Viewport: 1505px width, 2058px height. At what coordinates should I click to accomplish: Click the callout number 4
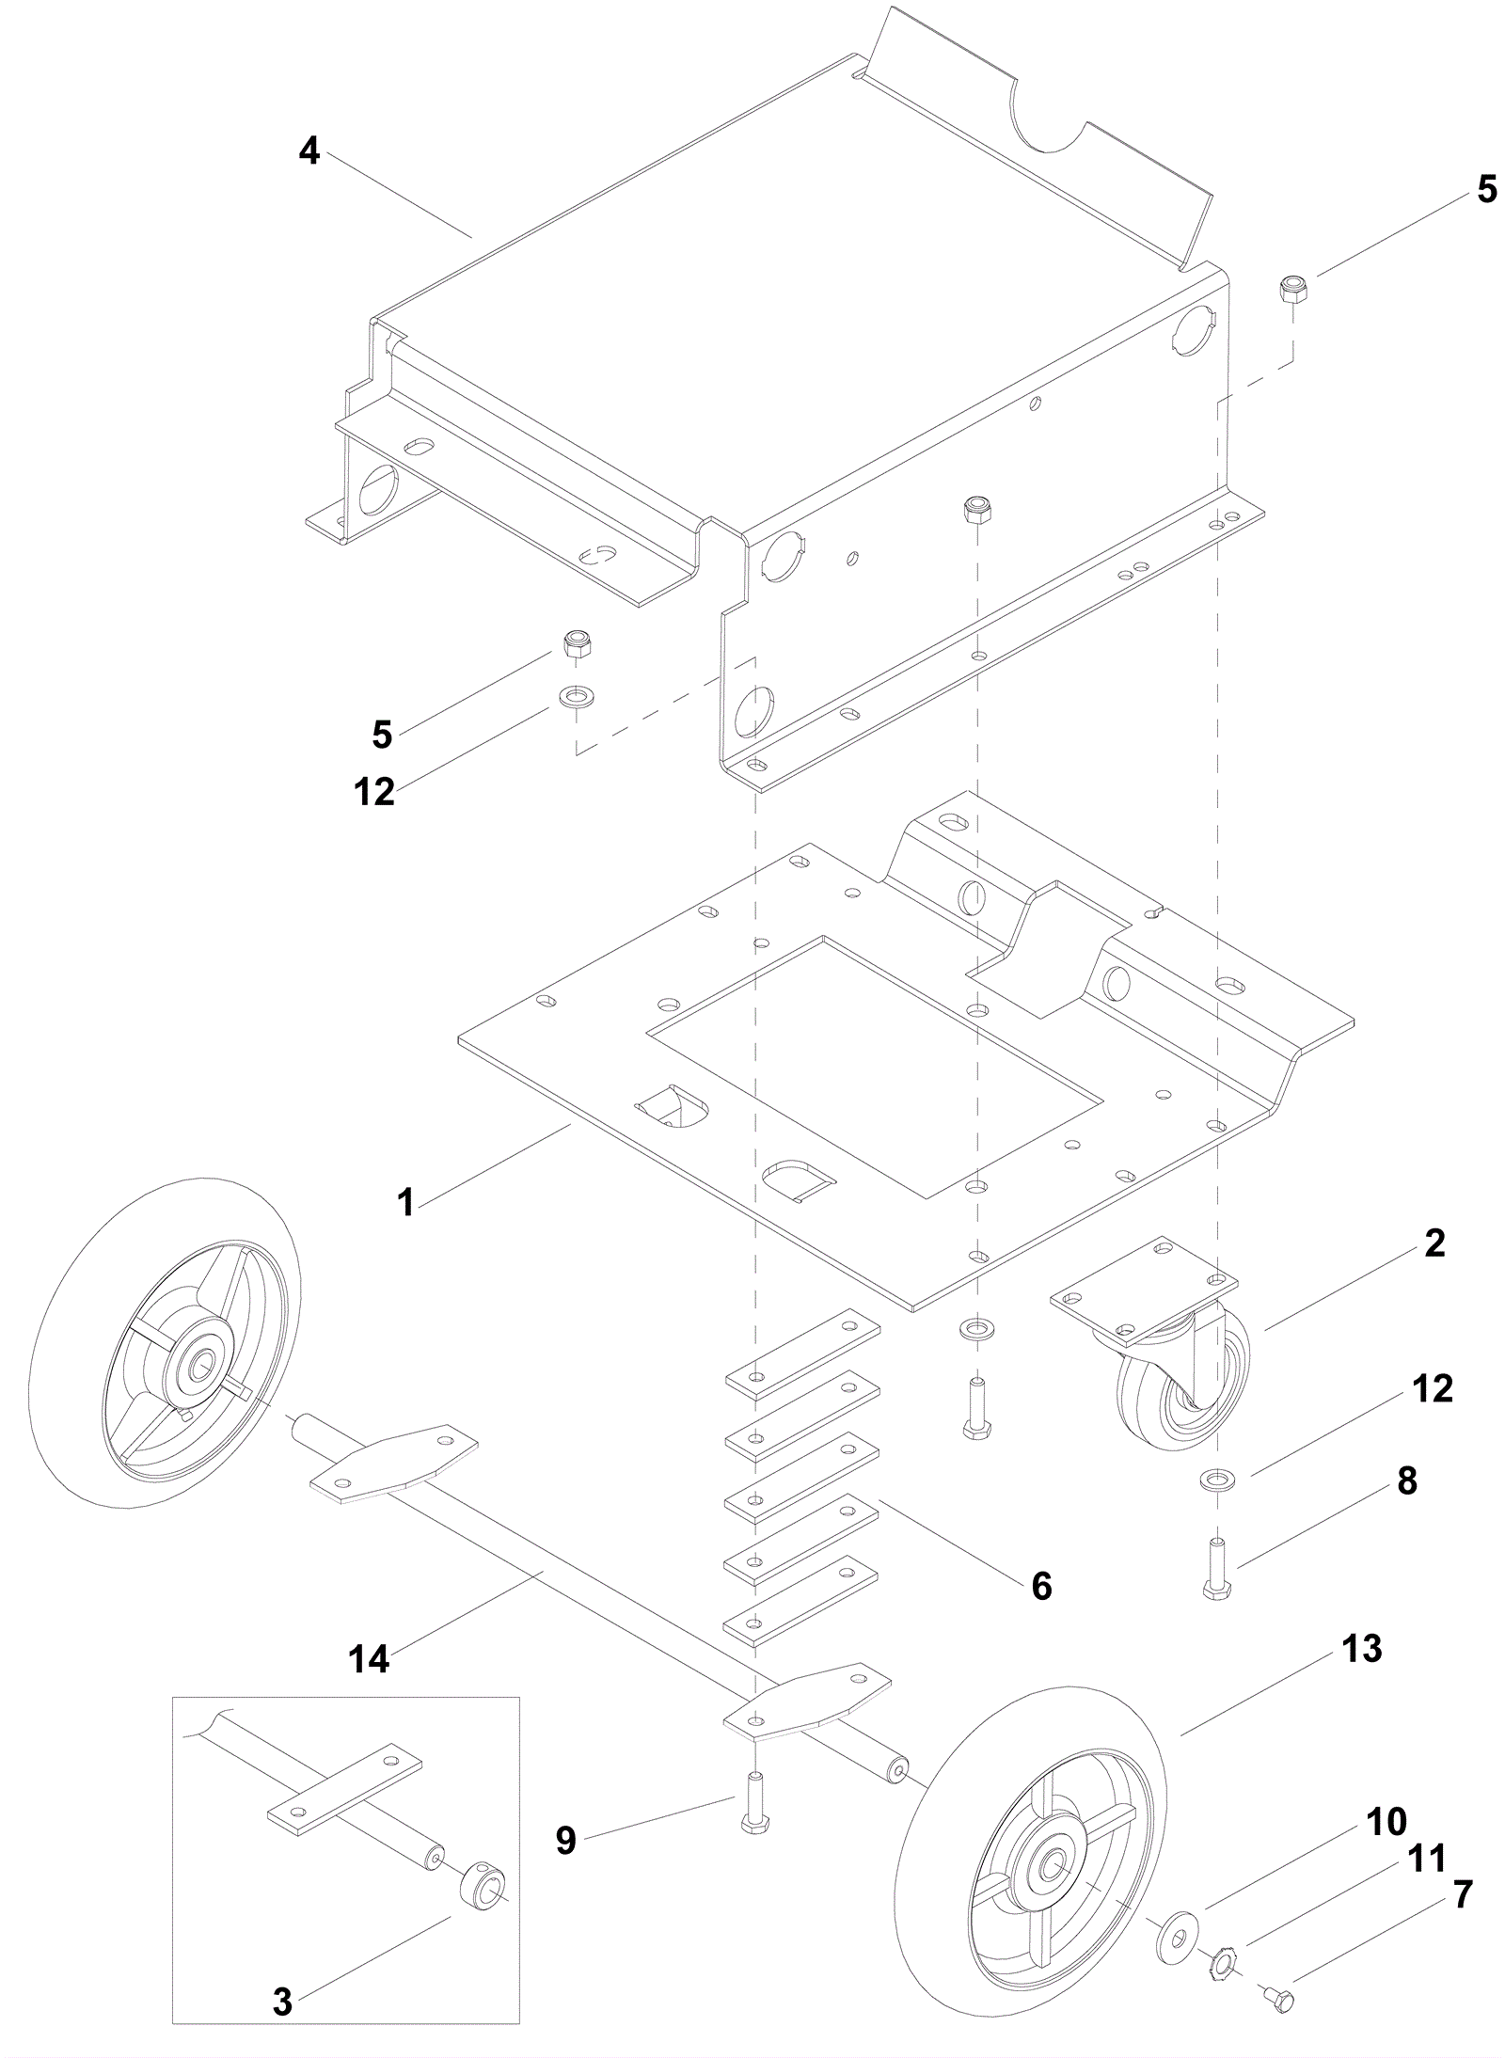point(309,151)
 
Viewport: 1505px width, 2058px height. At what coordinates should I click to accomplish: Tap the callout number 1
point(405,1202)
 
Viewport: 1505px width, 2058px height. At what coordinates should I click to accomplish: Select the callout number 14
point(369,1659)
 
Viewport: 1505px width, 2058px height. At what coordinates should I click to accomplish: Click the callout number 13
point(1362,1648)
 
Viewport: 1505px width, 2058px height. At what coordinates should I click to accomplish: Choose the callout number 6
point(1041,1585)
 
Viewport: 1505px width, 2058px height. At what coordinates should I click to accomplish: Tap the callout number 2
point(1434,1243)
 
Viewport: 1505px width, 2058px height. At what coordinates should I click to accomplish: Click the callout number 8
point(1406,1480)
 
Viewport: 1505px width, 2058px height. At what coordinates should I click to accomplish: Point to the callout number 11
point(1426,1858)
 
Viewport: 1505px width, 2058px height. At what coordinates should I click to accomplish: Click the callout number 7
point(1462,1892)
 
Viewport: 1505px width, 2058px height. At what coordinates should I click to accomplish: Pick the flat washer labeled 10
point(1172,1905)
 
